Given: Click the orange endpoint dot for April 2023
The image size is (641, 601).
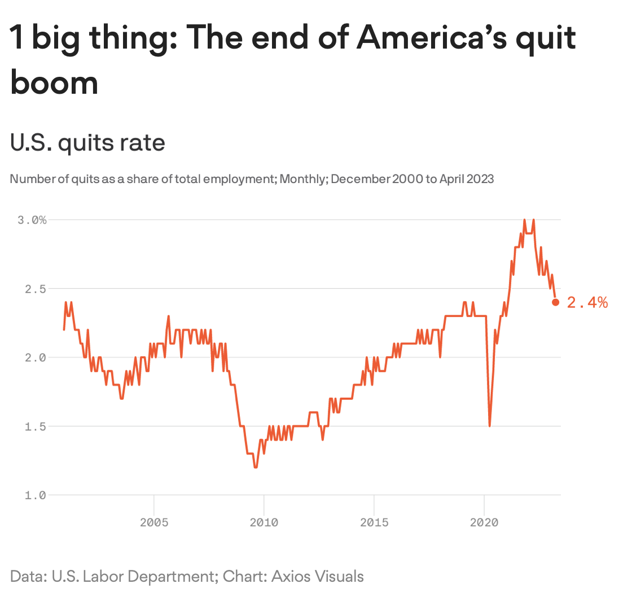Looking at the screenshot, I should [555, 302].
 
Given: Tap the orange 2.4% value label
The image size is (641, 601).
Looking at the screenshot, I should [587, 303].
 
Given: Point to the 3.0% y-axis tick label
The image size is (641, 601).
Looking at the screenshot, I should [32, 220].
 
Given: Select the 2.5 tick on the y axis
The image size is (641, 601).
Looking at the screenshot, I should [35, 289].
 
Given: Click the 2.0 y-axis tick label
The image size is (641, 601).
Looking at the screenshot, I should [35, 358].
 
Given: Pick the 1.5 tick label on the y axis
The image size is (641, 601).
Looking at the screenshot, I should [35, 426].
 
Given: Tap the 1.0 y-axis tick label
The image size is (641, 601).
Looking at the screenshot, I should [35, 495].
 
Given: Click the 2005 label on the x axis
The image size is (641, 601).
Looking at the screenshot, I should [154, 522].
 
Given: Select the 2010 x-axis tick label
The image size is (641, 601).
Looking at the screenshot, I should [264, 522].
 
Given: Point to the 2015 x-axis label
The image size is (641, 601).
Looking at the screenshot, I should [374, 522].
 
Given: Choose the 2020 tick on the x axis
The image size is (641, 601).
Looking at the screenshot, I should [484, 522].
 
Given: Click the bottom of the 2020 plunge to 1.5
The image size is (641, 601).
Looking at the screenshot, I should [489, 425].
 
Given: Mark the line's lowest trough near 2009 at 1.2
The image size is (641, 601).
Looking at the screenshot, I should [256, 467].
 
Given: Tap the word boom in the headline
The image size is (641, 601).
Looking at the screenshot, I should [54, 82].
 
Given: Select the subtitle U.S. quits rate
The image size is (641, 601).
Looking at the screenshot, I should [87, 142].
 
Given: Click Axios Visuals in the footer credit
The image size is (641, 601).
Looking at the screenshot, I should [318, 577].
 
